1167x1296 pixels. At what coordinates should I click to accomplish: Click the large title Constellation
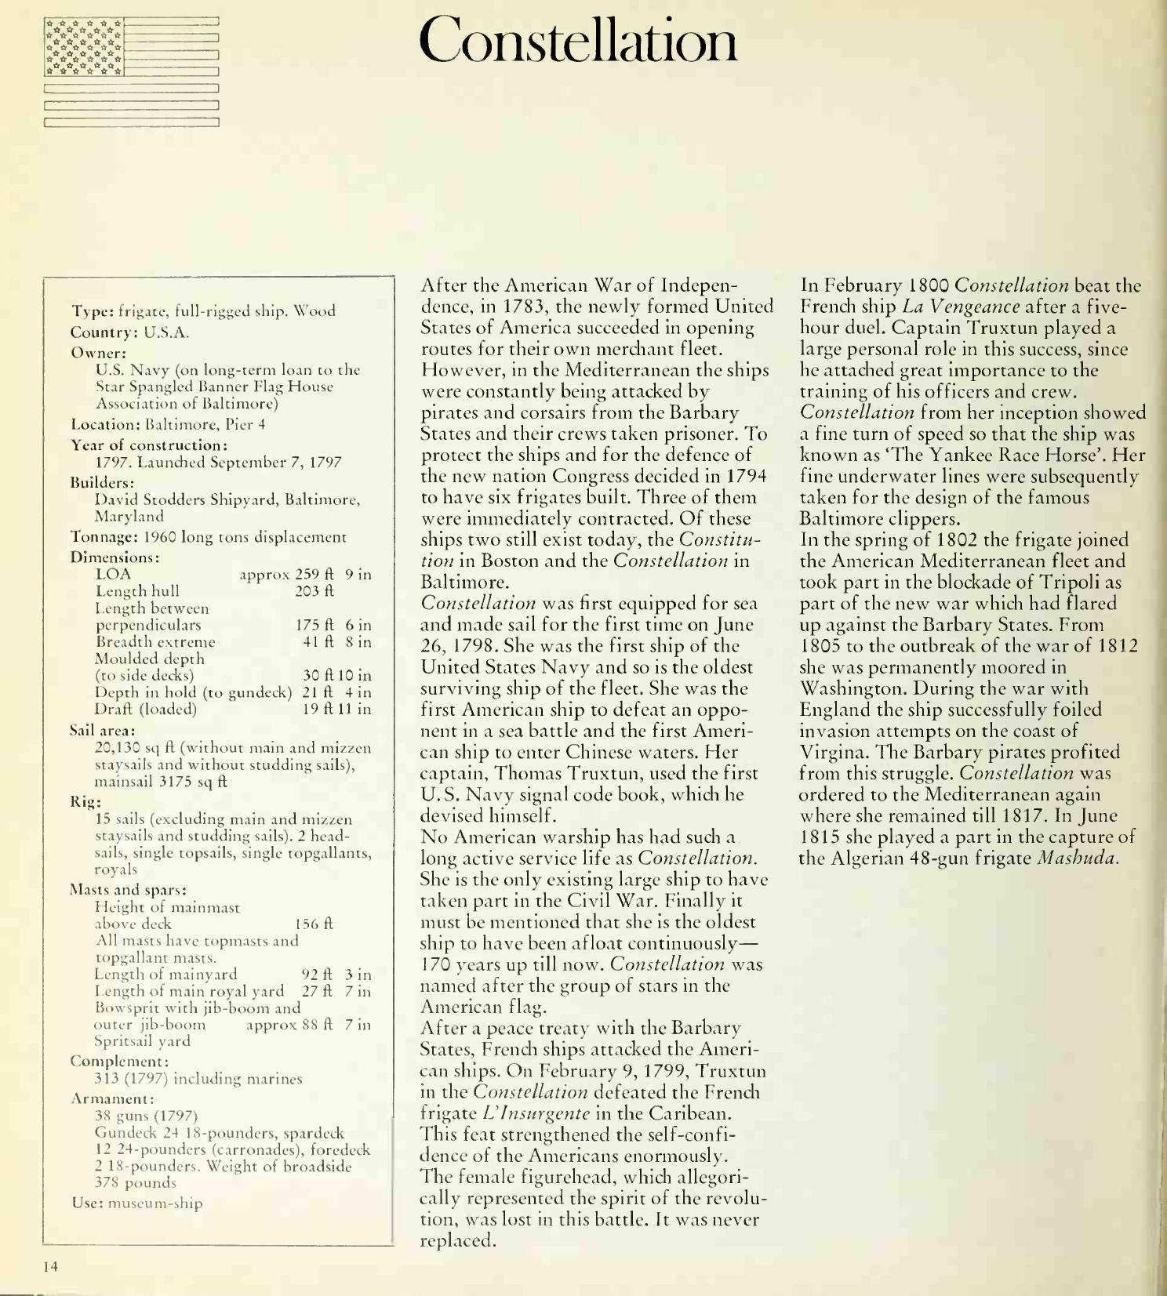click(579, 41)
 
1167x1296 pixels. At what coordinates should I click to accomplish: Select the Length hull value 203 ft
click(314, 591)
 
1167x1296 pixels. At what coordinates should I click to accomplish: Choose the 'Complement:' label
click(119, 1061)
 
